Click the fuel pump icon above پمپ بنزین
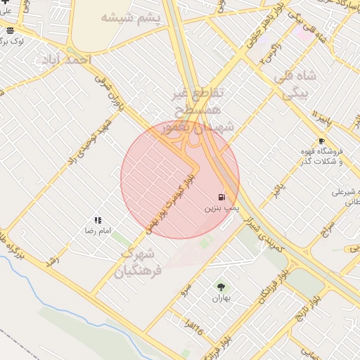coord(222,198)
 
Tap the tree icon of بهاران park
coord(222,286)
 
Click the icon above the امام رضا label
coord(98,220)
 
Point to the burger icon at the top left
coord(10,31)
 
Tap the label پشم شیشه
coord(130,17)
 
